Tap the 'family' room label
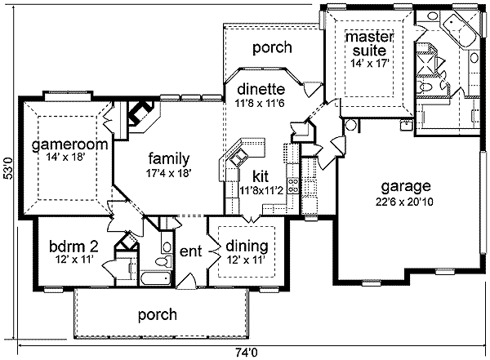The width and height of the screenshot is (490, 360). click(169, 158)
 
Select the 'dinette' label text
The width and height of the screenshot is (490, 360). click(261, 89)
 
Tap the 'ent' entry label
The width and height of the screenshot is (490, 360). click(190, 251)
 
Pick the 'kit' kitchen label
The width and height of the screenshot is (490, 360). click(261, 176)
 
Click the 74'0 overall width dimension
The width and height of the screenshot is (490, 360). click(246, 353)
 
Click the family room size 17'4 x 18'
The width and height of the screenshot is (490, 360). click(169, 173)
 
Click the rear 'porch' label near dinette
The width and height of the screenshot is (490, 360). click(271, 48)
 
